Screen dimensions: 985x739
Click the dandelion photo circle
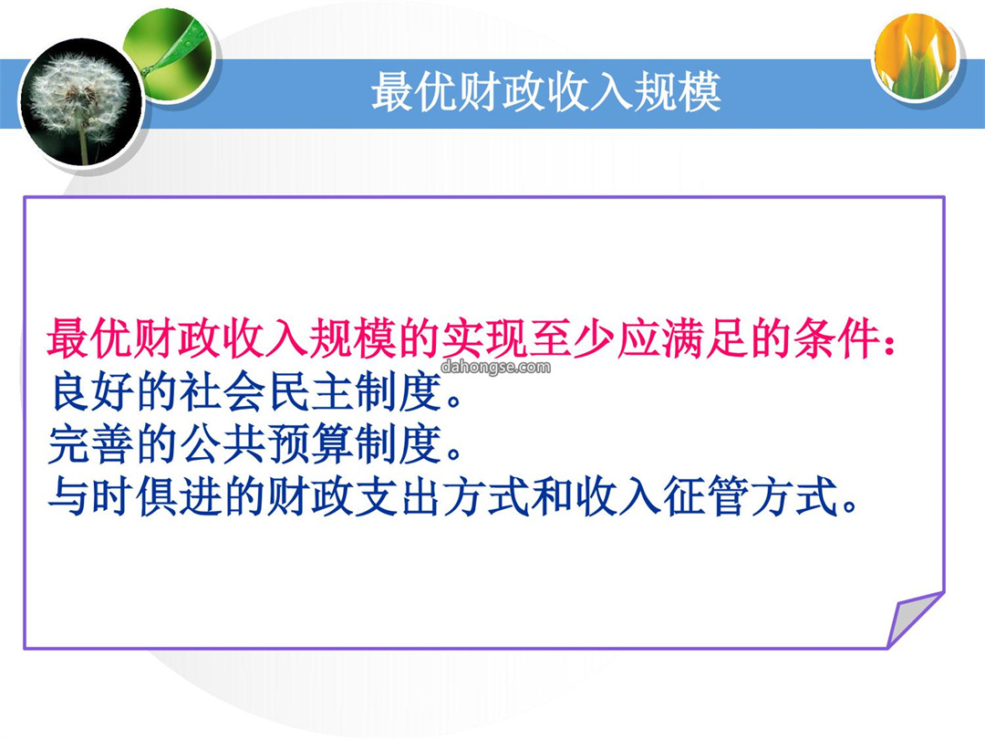pyautogui.click(x=82, y=102)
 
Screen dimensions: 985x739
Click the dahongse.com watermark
pyautogui.click(x=495, y=367)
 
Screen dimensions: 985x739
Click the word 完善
pyautogui.click(x=90, y=444)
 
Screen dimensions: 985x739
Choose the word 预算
pyautogui.click(x=310, y=444)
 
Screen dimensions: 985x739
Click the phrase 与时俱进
pyautogui.click(x=134, y=496)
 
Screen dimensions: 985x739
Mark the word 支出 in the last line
pyautogui.click(x=399, y=496)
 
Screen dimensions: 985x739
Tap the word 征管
pyautogui.click(x=706, y=496)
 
